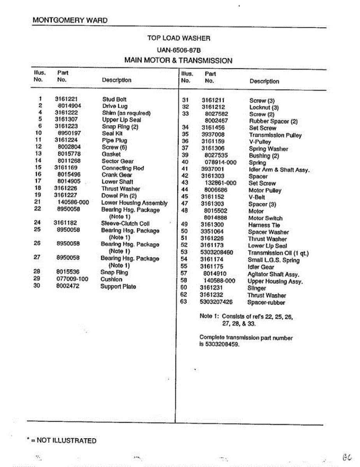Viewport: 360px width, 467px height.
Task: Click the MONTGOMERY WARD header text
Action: tap(70, 20)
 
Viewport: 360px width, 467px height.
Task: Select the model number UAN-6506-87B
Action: tap(179, 50)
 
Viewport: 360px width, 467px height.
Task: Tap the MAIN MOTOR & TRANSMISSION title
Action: tap(178, 61)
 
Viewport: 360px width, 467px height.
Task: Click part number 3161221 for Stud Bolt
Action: tap(66, 99)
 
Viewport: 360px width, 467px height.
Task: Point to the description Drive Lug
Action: tap(115, 106)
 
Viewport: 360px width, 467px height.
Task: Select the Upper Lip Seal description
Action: tap(121, 120)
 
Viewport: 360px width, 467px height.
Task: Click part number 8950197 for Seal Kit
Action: tap(69, 133)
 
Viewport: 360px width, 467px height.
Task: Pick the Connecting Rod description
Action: tap(123, 168)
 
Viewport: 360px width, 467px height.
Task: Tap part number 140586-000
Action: tap(73, 202)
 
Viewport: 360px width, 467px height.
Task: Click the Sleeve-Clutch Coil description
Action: tap(125, 224)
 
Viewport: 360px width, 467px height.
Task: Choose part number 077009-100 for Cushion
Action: tap(72, 279)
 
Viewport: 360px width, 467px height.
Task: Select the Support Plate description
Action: tap(118, 287)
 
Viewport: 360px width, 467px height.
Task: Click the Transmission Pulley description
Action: tap(275, 135)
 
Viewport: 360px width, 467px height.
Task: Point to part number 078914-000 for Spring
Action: tap(220, 162)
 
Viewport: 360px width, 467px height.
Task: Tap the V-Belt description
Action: tap(256, 197)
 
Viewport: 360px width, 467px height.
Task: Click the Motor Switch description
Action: tap(265, 218)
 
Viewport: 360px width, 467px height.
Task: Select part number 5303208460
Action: tap(217, 253)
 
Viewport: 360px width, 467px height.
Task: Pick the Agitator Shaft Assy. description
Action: tap(273, 274)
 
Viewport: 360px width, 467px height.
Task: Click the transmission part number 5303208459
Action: tap(220, 344)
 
